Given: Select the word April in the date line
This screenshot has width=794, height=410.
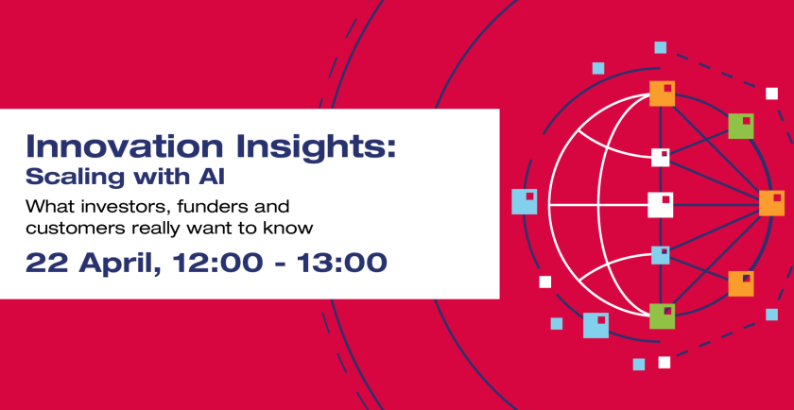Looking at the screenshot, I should tap(112, 263).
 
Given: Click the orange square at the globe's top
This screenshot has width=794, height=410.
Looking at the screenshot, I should tap(662, 94).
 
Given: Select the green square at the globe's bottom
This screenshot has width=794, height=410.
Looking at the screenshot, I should tap(662, 316).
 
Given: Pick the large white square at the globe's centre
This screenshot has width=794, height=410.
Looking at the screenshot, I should tap(660, 204).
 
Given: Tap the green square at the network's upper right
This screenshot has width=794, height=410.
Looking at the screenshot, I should tap(741, 126).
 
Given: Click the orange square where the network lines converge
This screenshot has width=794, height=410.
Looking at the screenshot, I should tap(771, 203).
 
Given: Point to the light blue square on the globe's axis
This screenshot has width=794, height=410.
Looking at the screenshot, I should tap(660, 255).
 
